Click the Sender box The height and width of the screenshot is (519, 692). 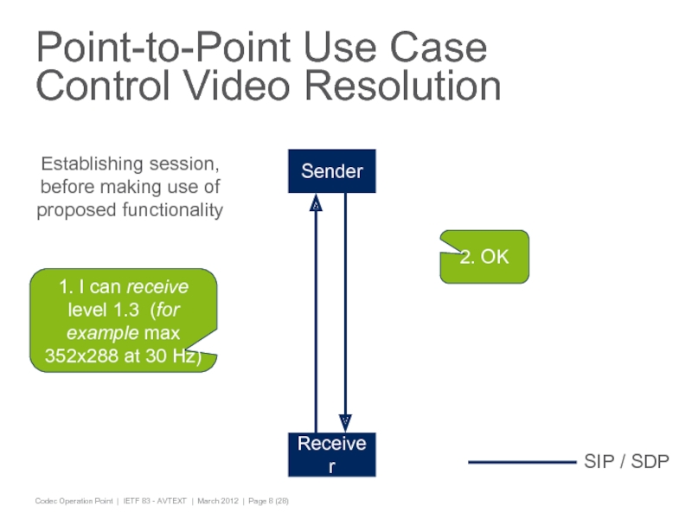point(332,172)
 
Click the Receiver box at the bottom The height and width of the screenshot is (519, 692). point(332,455)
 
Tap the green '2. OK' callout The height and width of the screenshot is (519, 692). point(484,257)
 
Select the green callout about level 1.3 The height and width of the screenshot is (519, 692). point(123,320)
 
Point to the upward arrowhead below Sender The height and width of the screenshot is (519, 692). point(317,206)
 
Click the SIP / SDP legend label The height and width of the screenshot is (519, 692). point(626,462)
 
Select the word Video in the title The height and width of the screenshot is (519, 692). point(232,86)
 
